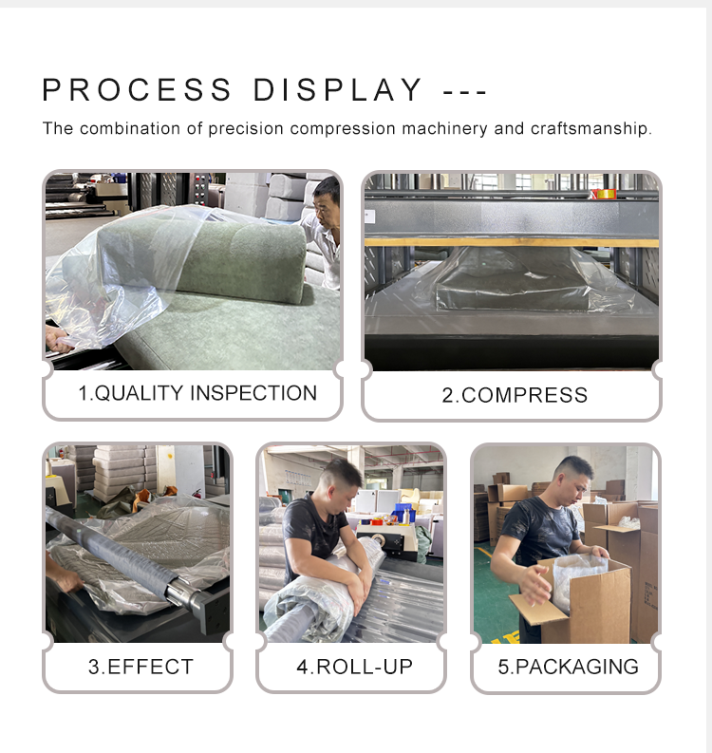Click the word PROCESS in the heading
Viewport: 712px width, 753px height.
pyautogui.click(x=138, y=90)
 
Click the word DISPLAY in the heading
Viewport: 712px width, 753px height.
pyautogui.click(x=338, y=90)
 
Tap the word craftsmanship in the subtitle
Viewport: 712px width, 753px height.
pyautogui.click(x=591, y=129)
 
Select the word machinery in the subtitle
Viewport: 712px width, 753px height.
pyautogui.click(x=444, y=129)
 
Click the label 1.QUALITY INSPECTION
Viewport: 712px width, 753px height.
pyautogui.click(x=197, y=393)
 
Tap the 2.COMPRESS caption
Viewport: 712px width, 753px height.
pyautogui.click(x=515, y=395)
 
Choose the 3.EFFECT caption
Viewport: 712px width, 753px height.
pyautogui.click(x=141, y=667)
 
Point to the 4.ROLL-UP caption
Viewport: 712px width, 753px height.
pyautogui.click(x=354, y=667)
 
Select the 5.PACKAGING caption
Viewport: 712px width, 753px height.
pyautogui.click(x=568, y=667)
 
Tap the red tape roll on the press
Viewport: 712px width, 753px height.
pyautogui.click(x=605, y=194)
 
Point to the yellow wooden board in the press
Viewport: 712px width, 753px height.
pyautogui.click(x=512, y=242)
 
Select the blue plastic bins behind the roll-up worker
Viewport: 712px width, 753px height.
pyautogui.click(x=403, y=512)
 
